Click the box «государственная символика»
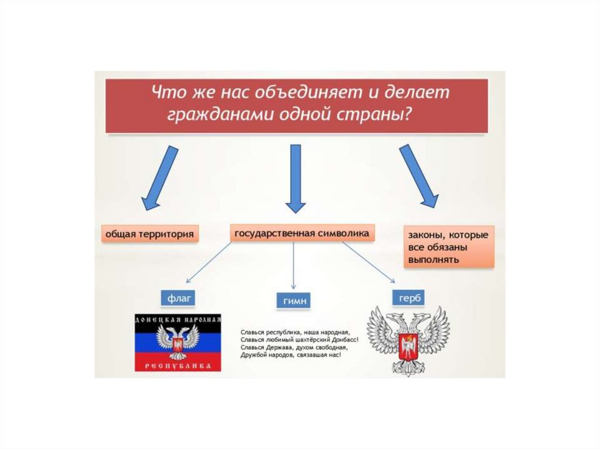coord(301,233)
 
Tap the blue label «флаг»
coord(177,297)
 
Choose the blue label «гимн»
coord(292,301)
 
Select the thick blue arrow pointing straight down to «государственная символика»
coord(295,179)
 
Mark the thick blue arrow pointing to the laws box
coord(418,176)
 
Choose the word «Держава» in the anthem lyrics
coord(275,347)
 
